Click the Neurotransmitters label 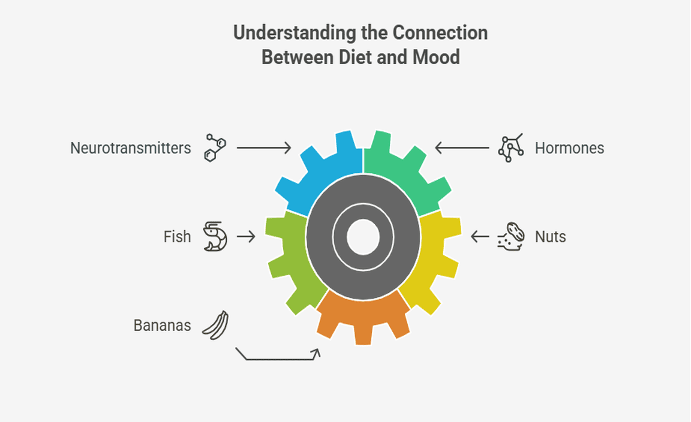pyautogui.click(x=130, y=148)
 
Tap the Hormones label pyautogui.click(x=569, y=148)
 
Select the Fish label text pyautogui.click(x=177, y=237)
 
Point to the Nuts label pyautogui.click(x=550, y=237)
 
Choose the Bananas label pyautogui.click(x=162, y=325)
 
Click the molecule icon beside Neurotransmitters pyautogui.click(x=215, y=148)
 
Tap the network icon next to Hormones pyautogui.click(x=510, y=149)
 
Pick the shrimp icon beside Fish pyautogui.click(x=215, y=237)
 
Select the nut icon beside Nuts pyautogui.click(x=511, y=236)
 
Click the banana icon pyautogui.click(x=215, y=325)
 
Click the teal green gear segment pyautogui.click(x=408, y=174)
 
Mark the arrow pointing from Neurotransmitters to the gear pyautogui.click(x=264, y=147)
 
